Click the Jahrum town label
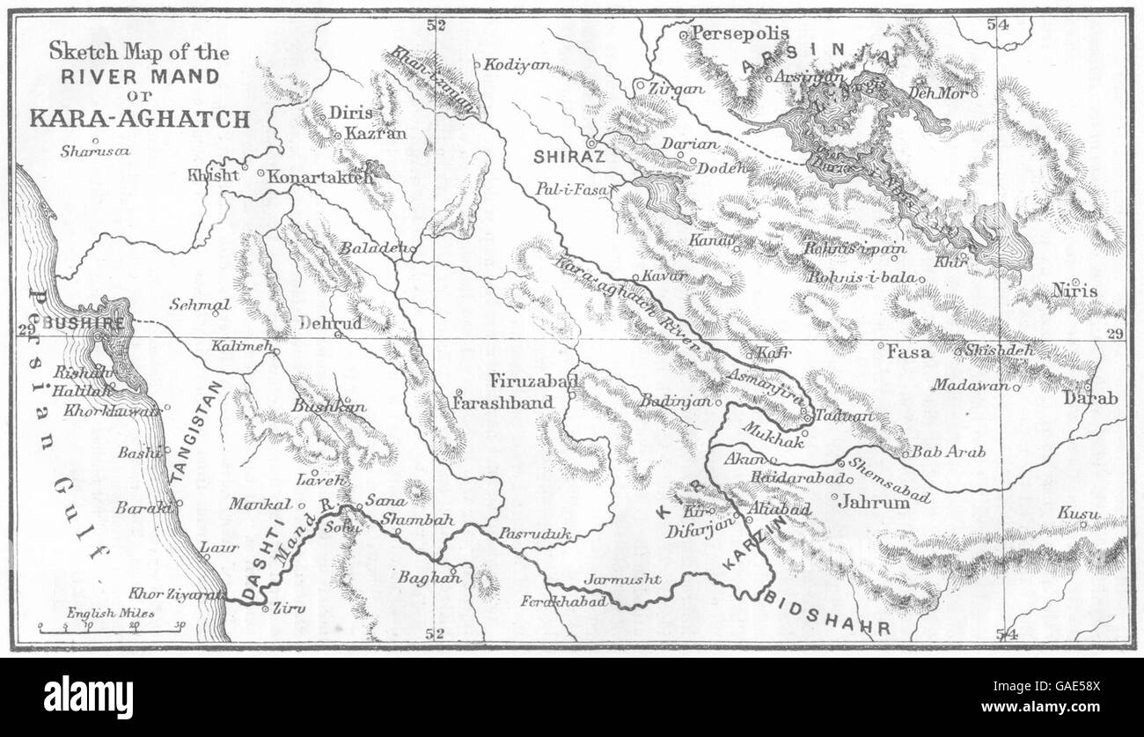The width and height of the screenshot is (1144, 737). coord(862,503)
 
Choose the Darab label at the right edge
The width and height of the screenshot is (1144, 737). coord(1090,398)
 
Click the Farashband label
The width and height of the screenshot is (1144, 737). coord(503,402)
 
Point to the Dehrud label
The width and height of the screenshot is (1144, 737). coord(330,323)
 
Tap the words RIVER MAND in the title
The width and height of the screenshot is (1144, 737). coord(139,76)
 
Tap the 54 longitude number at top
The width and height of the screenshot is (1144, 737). coord(997,26)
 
